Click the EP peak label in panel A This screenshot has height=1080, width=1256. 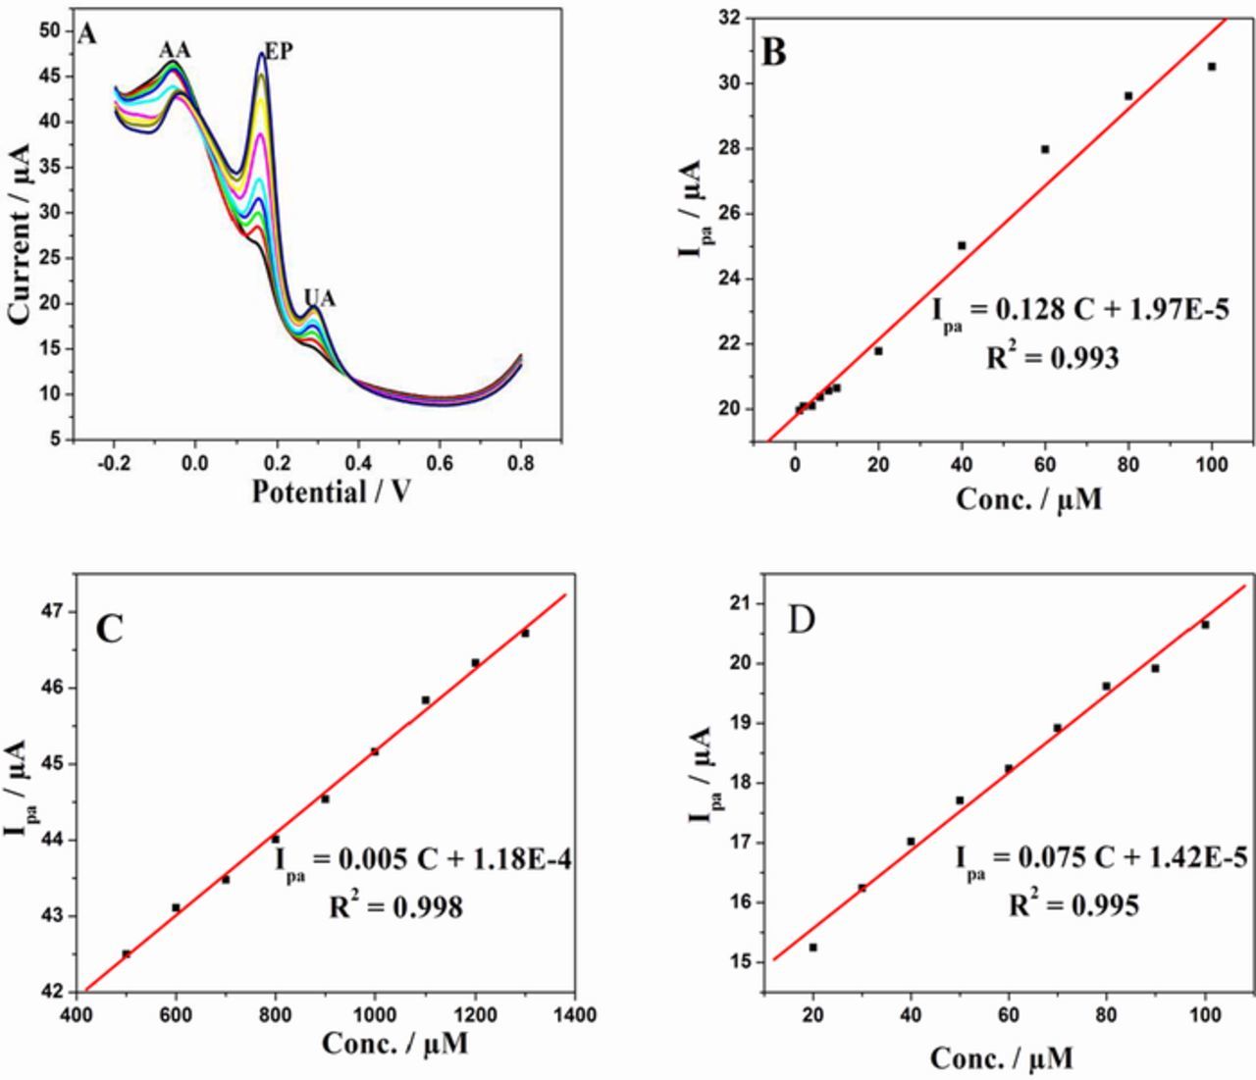tap(279, 51)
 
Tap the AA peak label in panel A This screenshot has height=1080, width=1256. tap(176, 50)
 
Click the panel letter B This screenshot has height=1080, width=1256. tap(774, 52)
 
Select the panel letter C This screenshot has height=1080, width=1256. tap(109, 628)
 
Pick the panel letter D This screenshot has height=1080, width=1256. tap(802, 620)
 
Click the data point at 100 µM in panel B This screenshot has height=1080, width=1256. tap(1212, 67)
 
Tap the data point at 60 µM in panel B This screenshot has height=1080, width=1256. tap(1045, 149)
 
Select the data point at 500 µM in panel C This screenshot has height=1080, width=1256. tap(126, 953)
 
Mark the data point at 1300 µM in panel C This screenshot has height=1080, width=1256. tap(525, 633)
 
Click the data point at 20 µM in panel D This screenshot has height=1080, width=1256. tap(812, 948)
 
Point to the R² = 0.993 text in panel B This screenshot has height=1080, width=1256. tap(1052, 358)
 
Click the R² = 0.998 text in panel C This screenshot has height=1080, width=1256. tap(395, 908)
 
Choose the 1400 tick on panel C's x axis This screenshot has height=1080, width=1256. tap(574, 1014)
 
